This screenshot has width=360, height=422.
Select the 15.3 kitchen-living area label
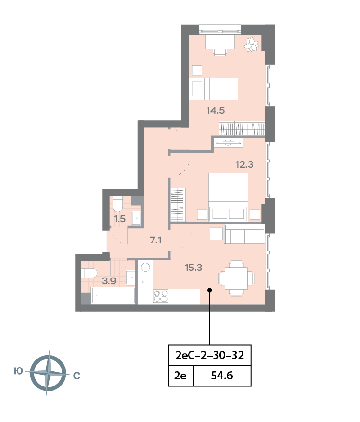[x=193, y=268]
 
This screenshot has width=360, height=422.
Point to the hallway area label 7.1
[x=156, y=241]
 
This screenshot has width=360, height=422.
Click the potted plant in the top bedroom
[x=252, y=44]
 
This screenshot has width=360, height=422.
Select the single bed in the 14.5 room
[x=213, y=89]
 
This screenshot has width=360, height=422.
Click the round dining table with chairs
[x=236, y=278]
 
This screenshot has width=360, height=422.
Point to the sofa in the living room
[x=244, y=234]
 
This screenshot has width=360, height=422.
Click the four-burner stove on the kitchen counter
[x=161, y=296]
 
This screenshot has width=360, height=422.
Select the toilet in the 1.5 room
[x=118, y=203]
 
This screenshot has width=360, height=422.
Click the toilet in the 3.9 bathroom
[x=89, y=273]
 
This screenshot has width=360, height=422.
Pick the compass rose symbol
[x=47, y=374]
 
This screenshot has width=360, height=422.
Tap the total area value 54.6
[x=222, y=377]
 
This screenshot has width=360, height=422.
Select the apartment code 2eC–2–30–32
[x=209, y=355]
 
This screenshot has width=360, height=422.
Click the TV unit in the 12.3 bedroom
[x=228, y=142]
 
